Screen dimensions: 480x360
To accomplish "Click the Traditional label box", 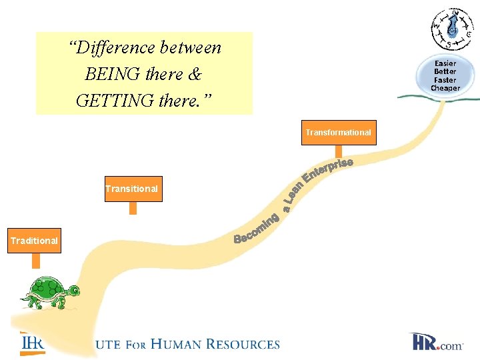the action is tap(34, 241).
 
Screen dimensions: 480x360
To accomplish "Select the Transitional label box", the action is tap(131, 189).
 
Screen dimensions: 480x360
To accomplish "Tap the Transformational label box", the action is tap(338, 133).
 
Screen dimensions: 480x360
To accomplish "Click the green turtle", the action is tap(51, 291).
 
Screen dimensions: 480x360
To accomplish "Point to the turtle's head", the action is tap(73, 291).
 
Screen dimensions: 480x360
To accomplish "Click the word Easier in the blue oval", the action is tap(445, 63).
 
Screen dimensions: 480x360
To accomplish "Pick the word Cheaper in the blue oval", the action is tap(445, 88).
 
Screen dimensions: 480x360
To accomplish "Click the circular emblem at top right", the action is tap(453, 29).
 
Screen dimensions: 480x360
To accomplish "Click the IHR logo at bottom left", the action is tap(32, 342).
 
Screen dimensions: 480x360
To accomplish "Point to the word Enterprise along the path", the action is tap(327, 169).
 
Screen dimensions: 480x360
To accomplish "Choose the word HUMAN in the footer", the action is tap(175, 345).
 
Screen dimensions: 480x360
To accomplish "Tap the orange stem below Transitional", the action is tap(133, 207).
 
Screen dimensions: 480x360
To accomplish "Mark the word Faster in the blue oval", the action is tap(445, 80).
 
